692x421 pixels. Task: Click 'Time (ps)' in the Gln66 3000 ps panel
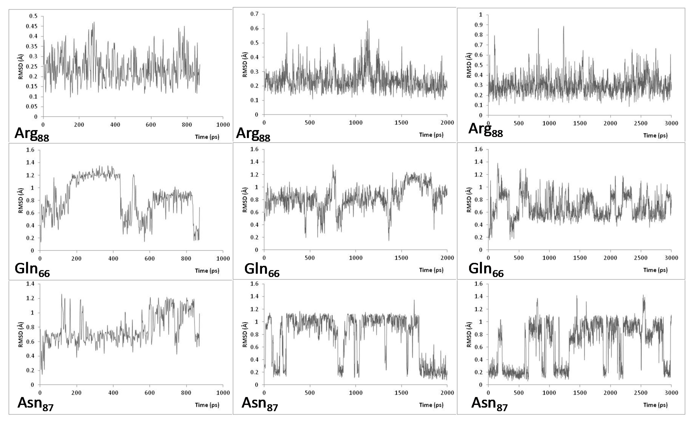[x=655, y=270]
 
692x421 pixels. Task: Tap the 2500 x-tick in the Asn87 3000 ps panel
[x=641, y=393]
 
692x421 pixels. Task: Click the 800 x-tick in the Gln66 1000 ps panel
[x=186, y=258]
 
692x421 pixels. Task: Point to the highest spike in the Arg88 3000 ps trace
[x=563, y=26]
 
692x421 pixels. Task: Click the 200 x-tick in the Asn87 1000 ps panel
[x=76, y=393]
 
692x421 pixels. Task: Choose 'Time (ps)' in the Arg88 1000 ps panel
[x=207, y=137]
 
